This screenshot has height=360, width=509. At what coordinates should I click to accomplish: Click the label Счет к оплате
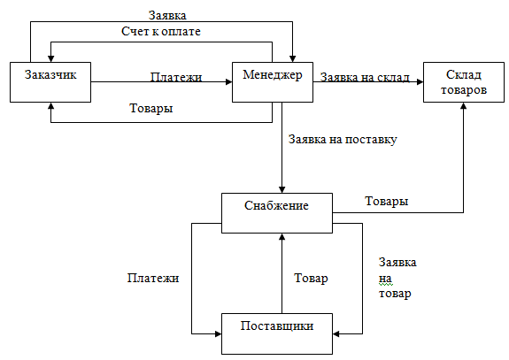(161, 32)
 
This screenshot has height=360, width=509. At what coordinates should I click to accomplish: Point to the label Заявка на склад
(365, 77)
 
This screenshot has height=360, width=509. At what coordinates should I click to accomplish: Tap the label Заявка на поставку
(343, 140)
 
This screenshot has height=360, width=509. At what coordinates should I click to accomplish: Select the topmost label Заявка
(167, 15)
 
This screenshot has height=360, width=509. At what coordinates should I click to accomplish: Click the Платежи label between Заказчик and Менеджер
(176, 77)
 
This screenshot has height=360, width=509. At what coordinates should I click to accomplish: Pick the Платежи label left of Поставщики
(153, 278)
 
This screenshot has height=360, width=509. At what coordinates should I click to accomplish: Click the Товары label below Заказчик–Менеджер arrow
(151, 108)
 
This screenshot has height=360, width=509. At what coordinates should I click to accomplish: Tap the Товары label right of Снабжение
(386, 202)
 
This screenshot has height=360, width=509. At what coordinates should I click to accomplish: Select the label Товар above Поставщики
(311, 279)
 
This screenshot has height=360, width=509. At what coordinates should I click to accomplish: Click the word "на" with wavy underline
(385, 279)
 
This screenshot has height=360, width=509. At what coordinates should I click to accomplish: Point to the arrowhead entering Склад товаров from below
(464, 106)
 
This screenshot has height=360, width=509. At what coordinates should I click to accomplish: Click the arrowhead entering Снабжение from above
(281, 189)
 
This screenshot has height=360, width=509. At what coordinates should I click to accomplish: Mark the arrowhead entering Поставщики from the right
(336, 333)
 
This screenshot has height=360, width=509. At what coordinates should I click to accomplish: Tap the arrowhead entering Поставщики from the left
(218, 333)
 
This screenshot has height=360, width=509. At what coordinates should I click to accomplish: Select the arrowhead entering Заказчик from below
(50, 106)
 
